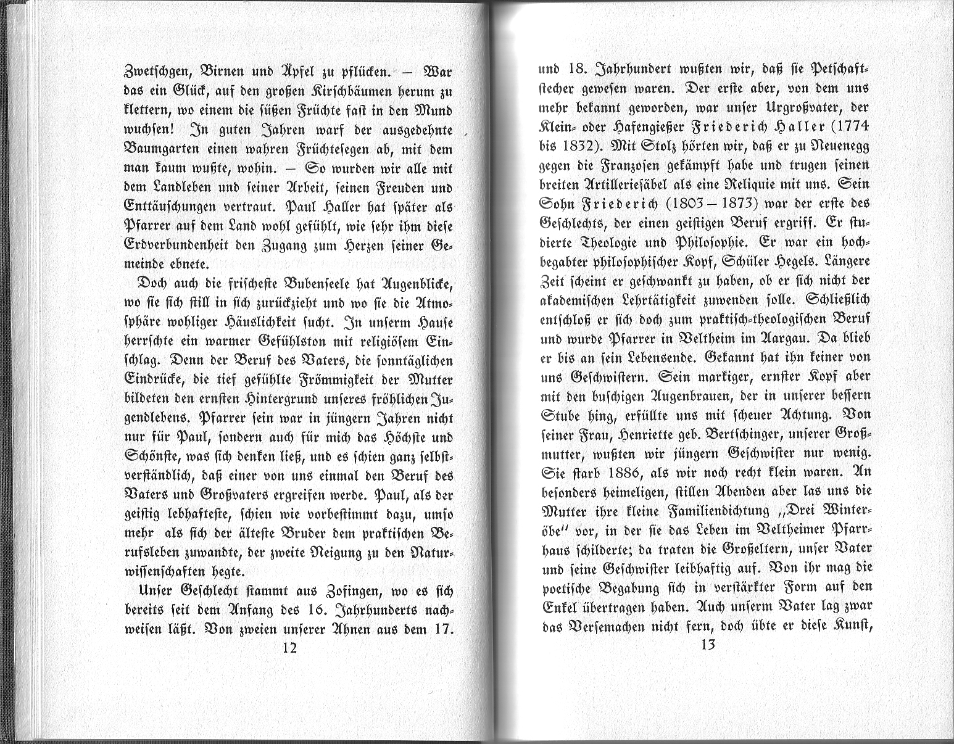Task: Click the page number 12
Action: click(289, 648)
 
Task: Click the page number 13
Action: click(707, 645)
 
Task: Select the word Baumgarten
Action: click(161, 149)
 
